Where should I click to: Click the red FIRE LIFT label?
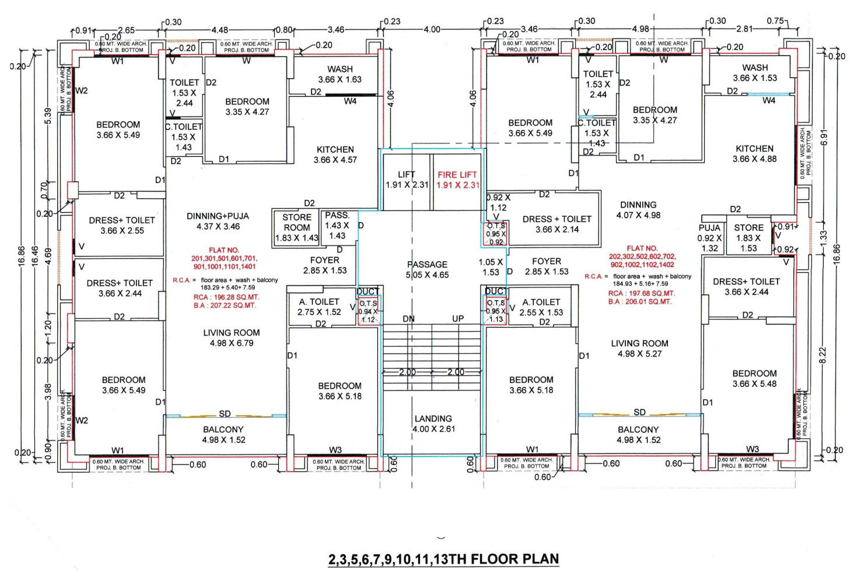[x=457, y=180]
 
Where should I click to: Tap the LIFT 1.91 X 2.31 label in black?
[x=407, y=180]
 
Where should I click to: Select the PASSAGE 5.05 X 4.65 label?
[x=428, y=269]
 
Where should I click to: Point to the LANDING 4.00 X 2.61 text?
[x=433, y=424]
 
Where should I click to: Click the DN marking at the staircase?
[x=409, y=319]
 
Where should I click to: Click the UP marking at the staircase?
[x=458, y=319]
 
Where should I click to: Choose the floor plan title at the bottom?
[x=443, y=560]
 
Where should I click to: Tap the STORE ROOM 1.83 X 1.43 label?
[x=297, y=227]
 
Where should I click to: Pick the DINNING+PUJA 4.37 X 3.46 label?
[x=218, y=221]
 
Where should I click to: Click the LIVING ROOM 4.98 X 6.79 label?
[x=232, y=337]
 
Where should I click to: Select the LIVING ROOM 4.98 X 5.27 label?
[x=640, y=349]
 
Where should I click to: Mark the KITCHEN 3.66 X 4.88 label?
[x=754, y=154]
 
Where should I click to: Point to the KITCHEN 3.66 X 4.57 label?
[x=335, y=154]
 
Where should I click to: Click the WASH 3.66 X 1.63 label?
[x=340, y=74]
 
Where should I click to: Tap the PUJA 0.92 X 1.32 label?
[x=709, y=238]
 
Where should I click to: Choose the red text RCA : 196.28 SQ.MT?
[x=226, y=297]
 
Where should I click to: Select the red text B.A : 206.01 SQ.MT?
[x=640, y=302]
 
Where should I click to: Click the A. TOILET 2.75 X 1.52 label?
[x=319, y=307]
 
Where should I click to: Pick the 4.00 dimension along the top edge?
[x=432, y=30]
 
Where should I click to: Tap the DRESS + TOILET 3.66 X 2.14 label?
[x=557, y=224]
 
